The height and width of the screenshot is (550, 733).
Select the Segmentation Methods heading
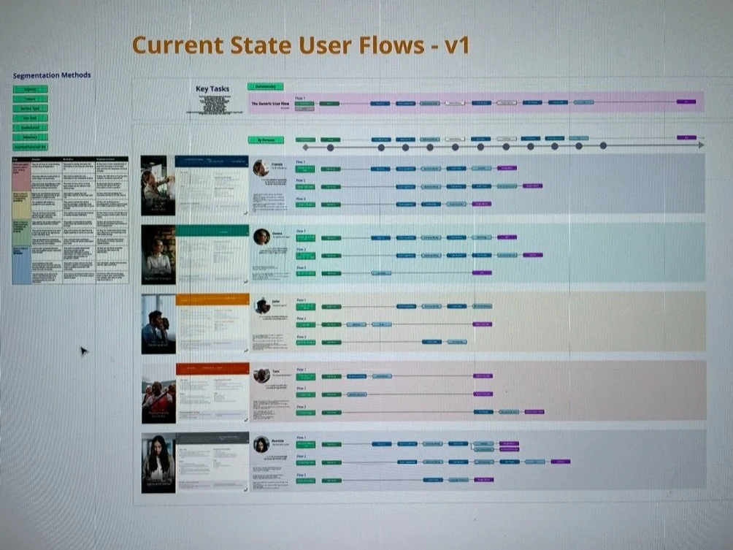(x=52, y=75)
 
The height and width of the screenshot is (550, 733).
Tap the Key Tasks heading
(x=212, y=89)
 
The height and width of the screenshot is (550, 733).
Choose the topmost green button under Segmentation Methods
(x=30, y=89)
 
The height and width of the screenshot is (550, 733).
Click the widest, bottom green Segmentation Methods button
(x=31, y=146)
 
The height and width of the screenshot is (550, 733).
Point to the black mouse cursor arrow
(x=82, y=351)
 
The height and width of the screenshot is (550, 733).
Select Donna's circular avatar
(x=261, y=236)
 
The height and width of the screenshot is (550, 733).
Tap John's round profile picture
(x=261, y=305)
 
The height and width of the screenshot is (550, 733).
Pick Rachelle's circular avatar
(x=261, y=444)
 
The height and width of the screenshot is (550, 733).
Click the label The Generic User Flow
(x=272, y=104)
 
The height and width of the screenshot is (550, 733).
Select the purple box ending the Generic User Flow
(x=686, y=102)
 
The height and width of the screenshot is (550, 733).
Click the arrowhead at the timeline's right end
(x=700, y=145)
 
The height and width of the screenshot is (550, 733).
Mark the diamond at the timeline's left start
(x=305, y=147)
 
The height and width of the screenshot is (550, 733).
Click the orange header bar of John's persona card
(x=212, y=298)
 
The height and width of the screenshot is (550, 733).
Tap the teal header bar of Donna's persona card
(x=212, y=230)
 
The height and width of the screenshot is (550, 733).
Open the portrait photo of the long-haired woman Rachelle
(x=158, y=462)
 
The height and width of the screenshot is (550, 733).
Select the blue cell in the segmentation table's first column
(x=22, y=264)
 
